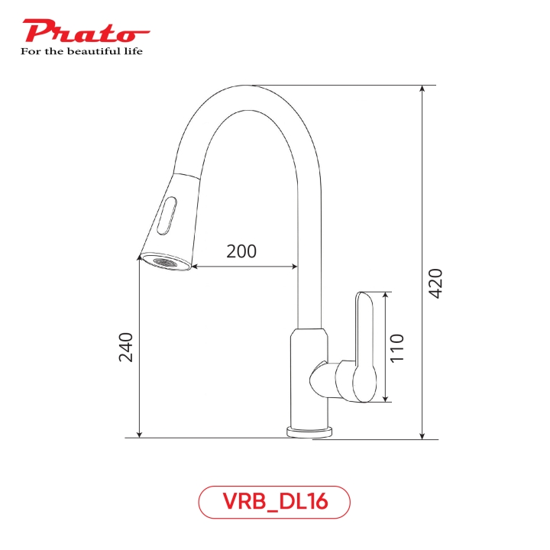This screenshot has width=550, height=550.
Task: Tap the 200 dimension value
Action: coord(241,251)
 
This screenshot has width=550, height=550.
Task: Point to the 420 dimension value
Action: coord(435,284)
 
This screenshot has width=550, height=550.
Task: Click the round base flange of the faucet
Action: coord(309,432)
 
